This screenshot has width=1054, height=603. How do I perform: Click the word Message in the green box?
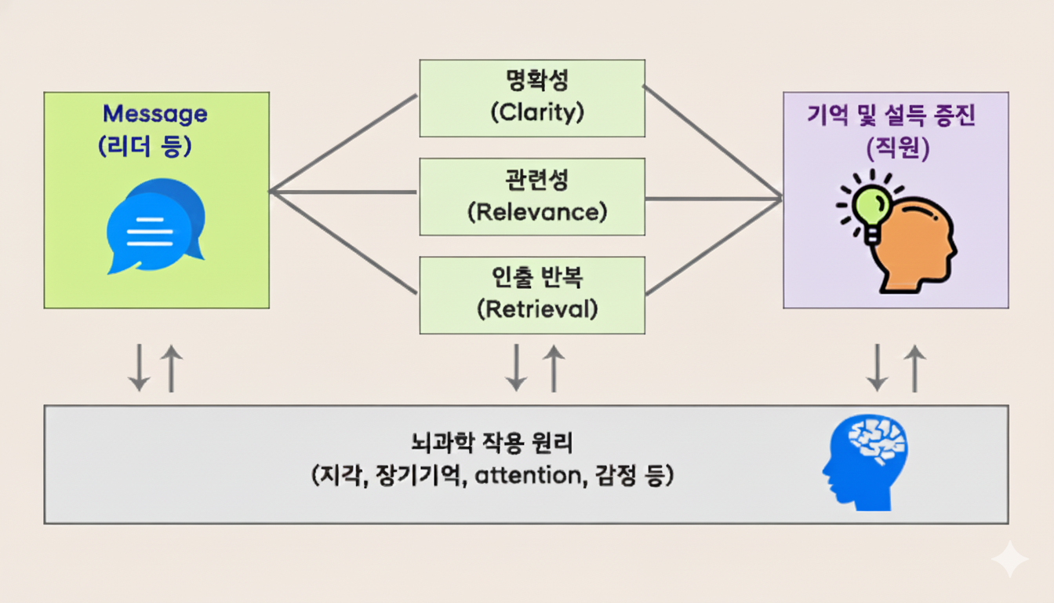[x=155, y=114]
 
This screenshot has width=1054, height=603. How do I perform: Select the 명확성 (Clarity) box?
[x=532, y=98]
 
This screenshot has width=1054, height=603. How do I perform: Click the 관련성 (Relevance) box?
[x=532, y=196]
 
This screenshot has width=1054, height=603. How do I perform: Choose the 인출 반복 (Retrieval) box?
[x=532, y=294]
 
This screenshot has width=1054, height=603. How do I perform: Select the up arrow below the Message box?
[x=171, y=367]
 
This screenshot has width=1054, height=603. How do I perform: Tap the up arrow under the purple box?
[x=914, y=367]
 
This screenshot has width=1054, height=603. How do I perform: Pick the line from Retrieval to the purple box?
[x=714, y=246]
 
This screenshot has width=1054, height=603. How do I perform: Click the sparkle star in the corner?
[x=1009, y=560]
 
